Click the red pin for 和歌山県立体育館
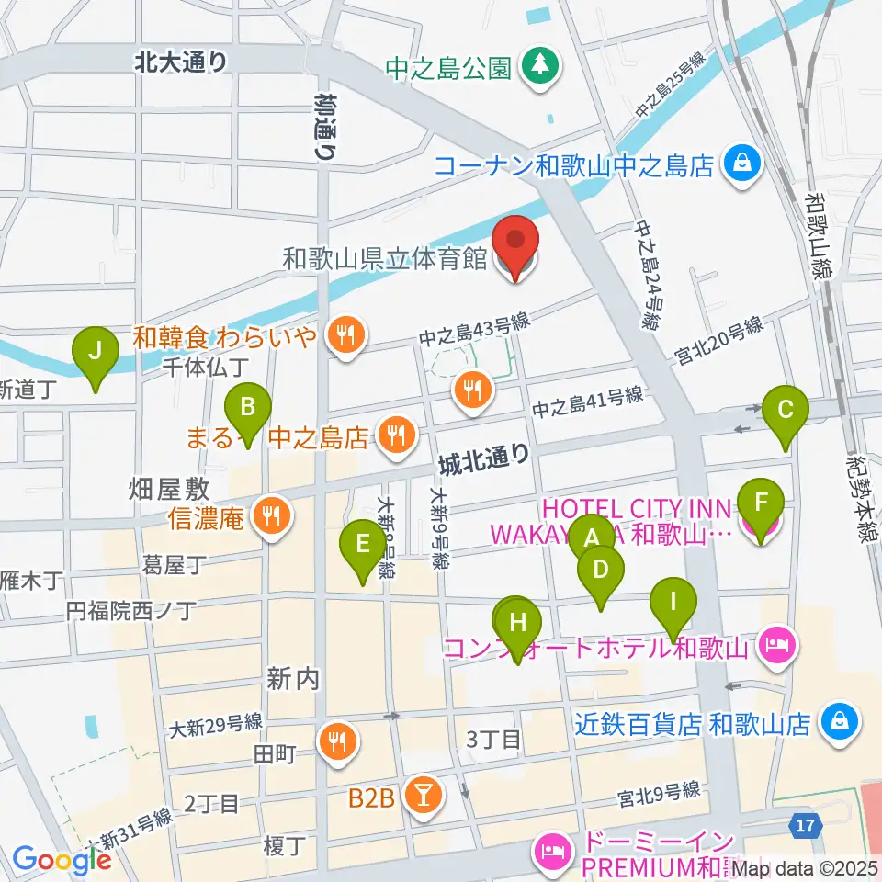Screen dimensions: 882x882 tap(515, 243)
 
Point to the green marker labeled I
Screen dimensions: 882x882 tap(673, 605)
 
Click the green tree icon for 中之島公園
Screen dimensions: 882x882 tap(537, 66)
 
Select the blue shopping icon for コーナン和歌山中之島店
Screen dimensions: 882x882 tap(741, 164)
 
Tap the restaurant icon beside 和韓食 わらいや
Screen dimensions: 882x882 tap(345, 335)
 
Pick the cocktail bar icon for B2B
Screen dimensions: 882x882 tap(423, 797)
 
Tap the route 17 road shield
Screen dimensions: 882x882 tap(805, 826)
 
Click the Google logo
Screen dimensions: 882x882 tap(61, 860)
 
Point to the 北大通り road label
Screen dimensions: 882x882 tap(180, 62)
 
